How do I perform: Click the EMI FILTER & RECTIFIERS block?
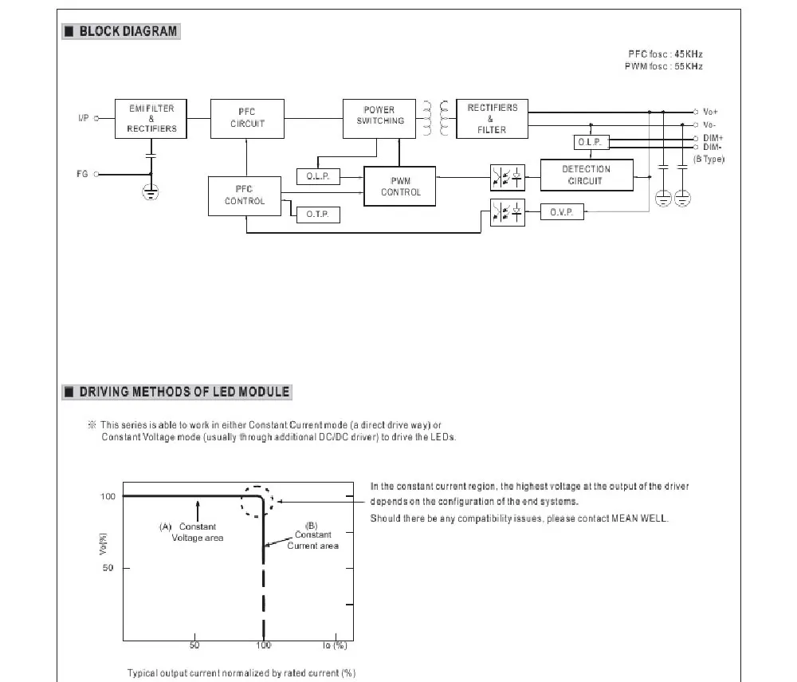[x=151, y=118]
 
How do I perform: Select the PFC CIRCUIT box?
[x=247, y=118]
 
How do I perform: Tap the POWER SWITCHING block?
[x=379, y=116]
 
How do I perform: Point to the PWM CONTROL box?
[x=400, y=187]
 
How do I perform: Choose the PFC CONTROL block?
[x=245, y=195]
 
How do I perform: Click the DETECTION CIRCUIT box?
[x=586, y=175]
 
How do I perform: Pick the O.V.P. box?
[x=562, y=212]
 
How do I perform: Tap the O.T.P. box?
[x=317, y=215]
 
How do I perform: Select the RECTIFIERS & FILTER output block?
[x=492, y=119]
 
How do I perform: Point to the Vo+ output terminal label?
[x=710, y=112]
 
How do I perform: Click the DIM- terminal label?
[x=713, y=147]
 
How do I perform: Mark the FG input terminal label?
[x=82, y=174]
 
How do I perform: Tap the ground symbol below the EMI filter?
[x=151, y=191]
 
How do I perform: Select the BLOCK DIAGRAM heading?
[x=128, y=32]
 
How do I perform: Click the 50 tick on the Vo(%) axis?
[x=108, y=568]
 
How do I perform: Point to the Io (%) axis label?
[x=335, y=645]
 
